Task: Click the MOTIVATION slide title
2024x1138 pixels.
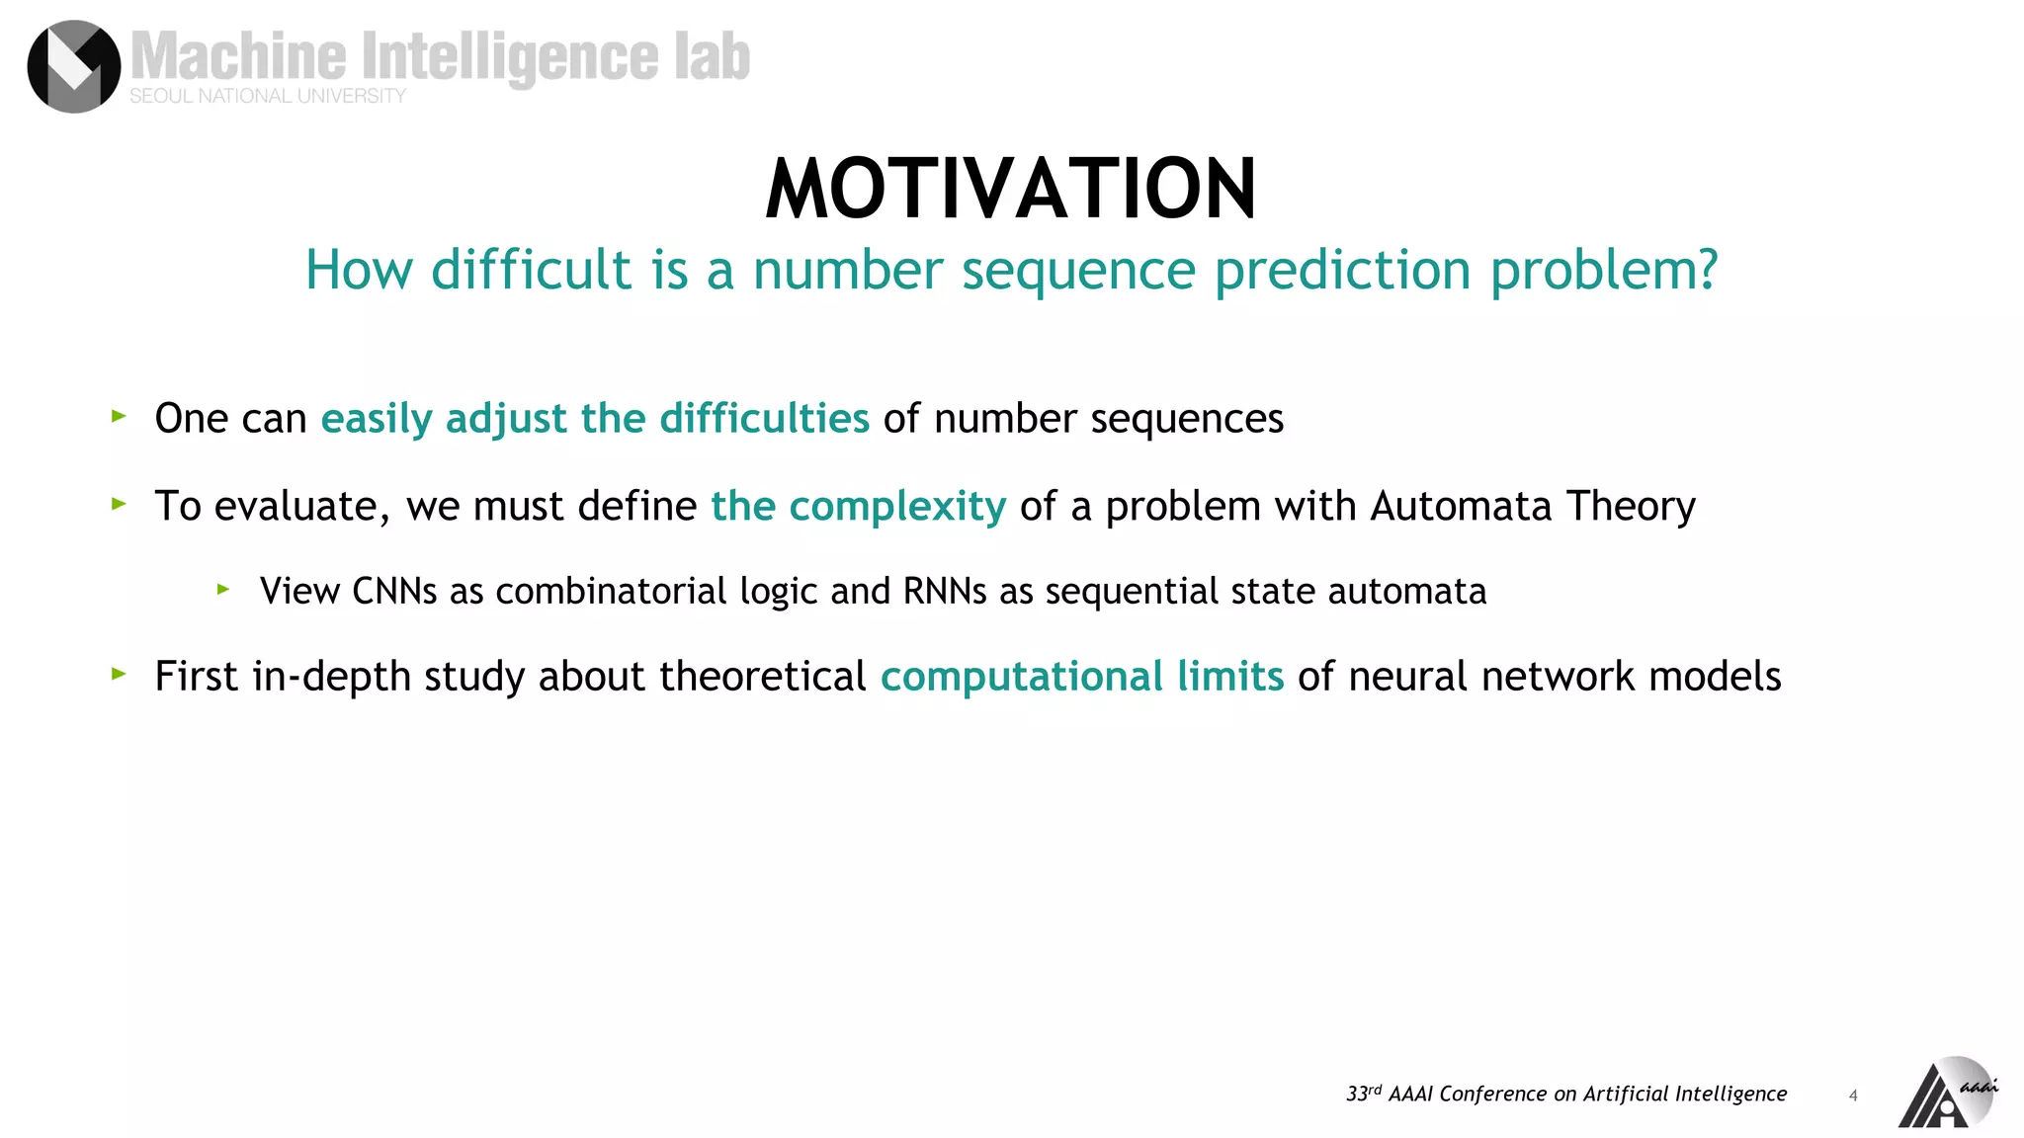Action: pos(1010,189)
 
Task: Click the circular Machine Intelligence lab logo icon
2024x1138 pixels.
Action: pos(73,66)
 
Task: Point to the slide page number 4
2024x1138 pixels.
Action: pos(1853,1096)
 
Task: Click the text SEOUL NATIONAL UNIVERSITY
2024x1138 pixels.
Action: pos(268,96)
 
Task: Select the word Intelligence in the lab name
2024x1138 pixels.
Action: pos(509,56)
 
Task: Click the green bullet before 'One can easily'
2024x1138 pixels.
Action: pos(119,417)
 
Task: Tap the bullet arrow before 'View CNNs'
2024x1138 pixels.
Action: pos(223,590)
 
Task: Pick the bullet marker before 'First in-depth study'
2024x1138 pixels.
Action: pos(119,675)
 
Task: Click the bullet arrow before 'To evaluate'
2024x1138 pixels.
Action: pos(119,504)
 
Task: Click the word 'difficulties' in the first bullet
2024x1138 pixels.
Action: pos(764,419)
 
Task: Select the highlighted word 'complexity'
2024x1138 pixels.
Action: pos(896,507)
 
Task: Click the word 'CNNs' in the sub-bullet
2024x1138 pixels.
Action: pos(394,592)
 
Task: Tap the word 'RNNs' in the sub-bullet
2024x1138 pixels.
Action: pos(944,592)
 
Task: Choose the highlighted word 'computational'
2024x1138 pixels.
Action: pos(1021,678)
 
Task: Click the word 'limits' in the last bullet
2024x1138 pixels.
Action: pos(1229,677)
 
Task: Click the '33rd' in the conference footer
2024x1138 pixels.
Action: pos(1363,1094)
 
